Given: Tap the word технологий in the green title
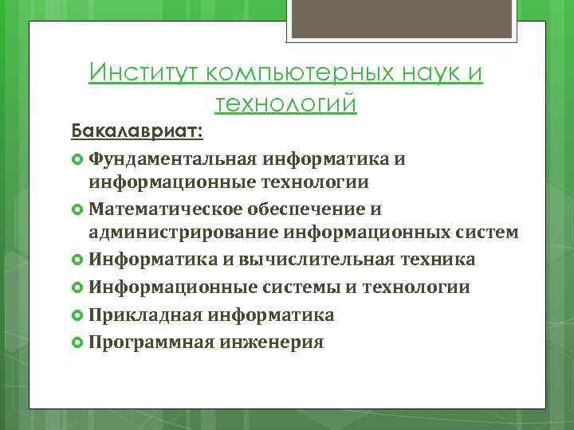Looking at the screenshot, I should pos(285,104).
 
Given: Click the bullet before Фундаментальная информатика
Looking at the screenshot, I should pos(77,159).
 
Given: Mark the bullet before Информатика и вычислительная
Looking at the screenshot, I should pos(77,260).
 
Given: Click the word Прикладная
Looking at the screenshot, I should pos(145,315).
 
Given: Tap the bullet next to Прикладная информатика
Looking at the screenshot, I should pos(77,315).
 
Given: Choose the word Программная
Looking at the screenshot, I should pos(151,342).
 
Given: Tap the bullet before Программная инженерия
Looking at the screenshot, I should pos(77,343).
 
